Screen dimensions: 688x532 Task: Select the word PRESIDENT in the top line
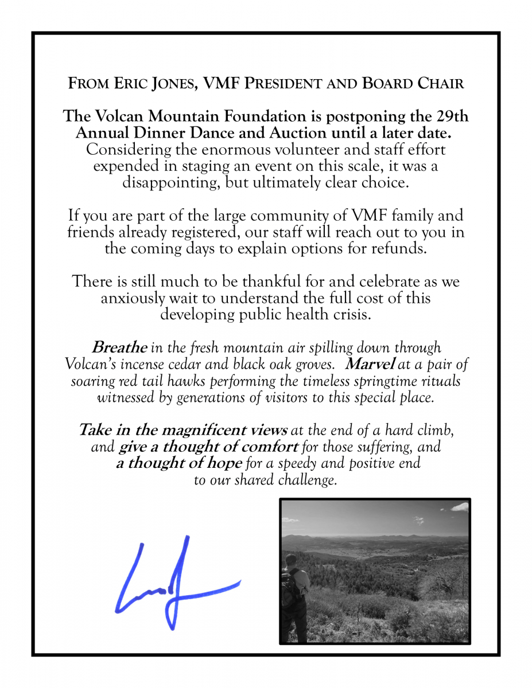[291, 84]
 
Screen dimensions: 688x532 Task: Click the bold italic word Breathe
[119, 348]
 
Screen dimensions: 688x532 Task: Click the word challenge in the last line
[307, 480]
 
